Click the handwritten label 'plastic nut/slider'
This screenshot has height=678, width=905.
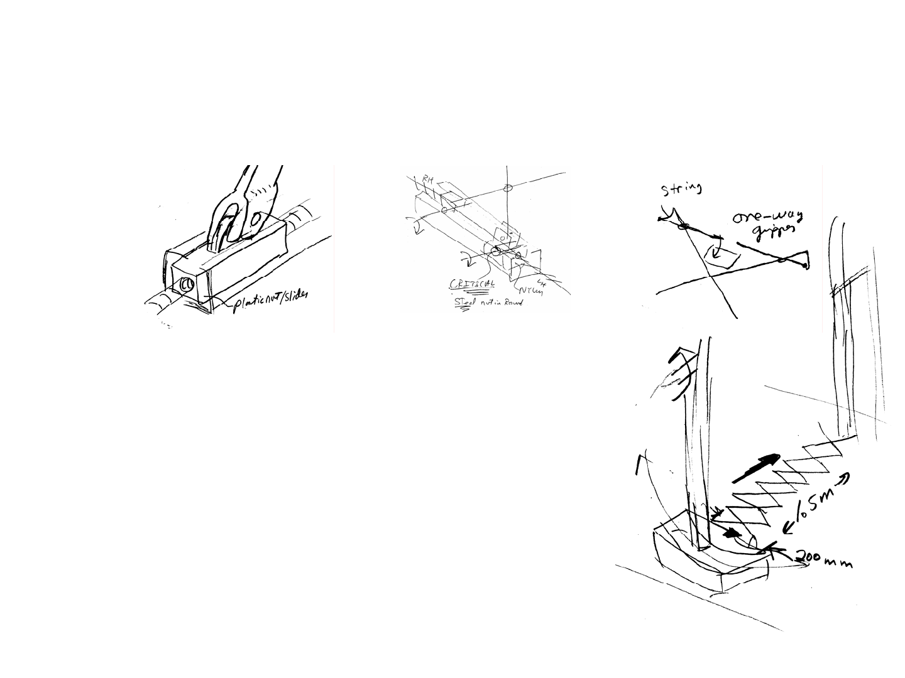point(271,303)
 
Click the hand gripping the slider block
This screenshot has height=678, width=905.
point(242,207)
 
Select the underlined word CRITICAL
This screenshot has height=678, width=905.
point(471,284)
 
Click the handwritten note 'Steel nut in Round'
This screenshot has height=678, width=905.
point(488,303)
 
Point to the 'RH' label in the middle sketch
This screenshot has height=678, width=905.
point(429,180)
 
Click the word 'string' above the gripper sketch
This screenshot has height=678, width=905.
point(681,188)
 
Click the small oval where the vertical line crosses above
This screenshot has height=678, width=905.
point(509,187)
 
